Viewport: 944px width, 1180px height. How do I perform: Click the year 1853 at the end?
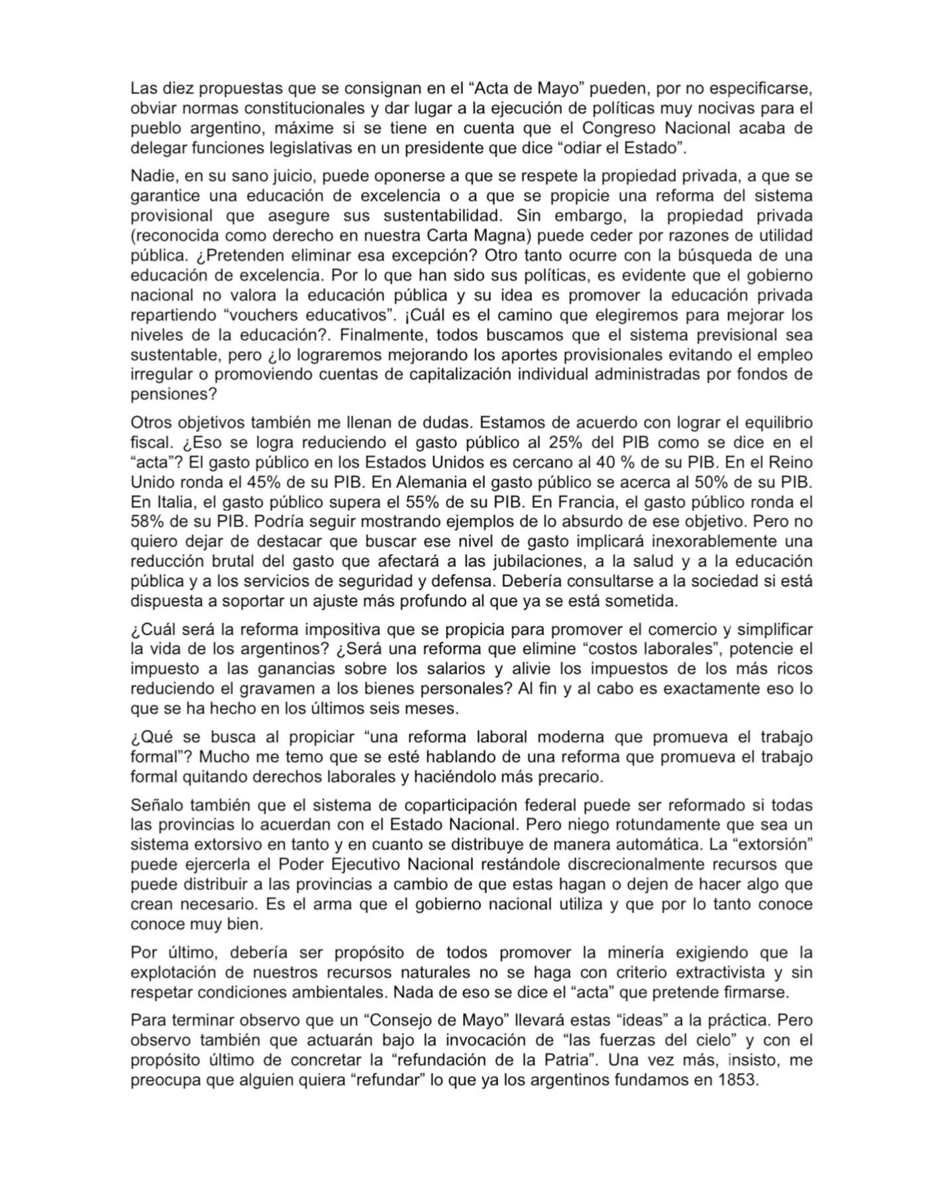pos(737,1080)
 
